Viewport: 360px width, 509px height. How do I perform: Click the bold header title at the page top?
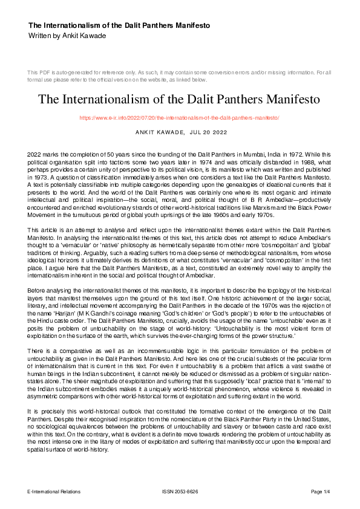(x=119, y=26)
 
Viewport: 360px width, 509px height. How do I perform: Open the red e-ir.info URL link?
(x=179, y=117)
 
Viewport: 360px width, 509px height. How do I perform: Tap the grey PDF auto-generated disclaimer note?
(x=179, y=76)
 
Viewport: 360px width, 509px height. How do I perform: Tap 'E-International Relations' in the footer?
(x=54, y=491)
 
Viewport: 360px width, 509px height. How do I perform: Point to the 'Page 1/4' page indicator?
(x=321, y=491)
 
